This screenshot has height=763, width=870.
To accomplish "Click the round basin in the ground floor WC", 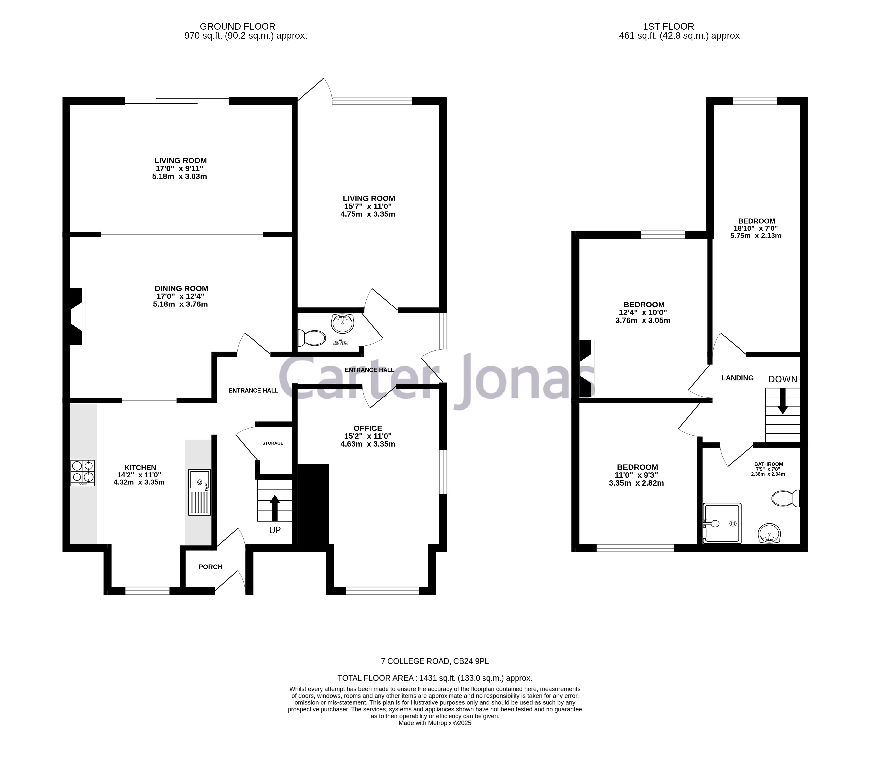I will pyautogui.click(x=342, y=323).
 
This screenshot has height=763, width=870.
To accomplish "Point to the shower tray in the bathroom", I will pyautogui.click(x=722, y=523).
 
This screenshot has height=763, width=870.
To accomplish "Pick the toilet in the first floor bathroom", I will pyautogui.click(x=786, y=498).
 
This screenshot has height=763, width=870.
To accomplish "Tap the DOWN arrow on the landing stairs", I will pyautogui.click(x=782, y=401).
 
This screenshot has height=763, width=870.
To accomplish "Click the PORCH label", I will pyautogui.click(x=210, y=567).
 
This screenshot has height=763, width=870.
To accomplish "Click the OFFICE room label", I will pyautogui.click(x=368, y=428).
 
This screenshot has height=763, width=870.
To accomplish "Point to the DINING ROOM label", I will pyautogui.click(x=181, y=289).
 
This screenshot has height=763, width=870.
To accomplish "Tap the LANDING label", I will pyautogui.click(x=737, y=378).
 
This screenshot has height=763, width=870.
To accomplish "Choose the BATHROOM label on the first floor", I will pyautogui.click(x=768, y=464).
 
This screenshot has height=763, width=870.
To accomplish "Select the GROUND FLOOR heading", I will pyautogui.click(x=237, y=26).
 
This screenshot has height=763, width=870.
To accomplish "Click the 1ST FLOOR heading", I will pyautogui.click(x=668, y=26).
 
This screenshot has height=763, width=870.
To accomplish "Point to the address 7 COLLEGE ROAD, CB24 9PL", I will pyautogui.click(x=435, y=661).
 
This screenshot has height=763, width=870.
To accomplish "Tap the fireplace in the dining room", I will pyautogui.click(x=77, y=316).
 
